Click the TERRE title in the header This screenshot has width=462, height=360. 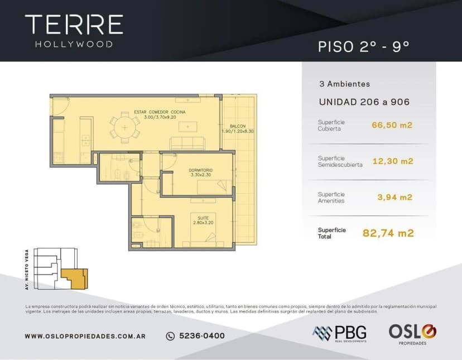coord(74,25)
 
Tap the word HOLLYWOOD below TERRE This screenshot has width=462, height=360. coord(74,44)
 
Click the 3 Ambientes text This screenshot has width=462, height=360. coord(344,84)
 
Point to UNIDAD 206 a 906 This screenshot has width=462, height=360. coord(364,102)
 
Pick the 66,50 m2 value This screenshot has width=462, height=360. coord(392,125)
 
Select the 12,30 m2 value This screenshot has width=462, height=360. coord(392,161)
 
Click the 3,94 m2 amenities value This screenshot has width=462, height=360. coord(394,197)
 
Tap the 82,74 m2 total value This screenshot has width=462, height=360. coord(388,233)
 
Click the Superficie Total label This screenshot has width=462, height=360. coord(332,233)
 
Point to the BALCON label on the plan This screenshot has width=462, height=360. coord(237,126)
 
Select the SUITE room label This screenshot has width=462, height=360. coord(199,218)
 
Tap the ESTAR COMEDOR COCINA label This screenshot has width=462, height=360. coord(160,113)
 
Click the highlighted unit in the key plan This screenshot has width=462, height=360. coord(74,278)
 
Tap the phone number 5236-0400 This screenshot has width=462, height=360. coord(196,336)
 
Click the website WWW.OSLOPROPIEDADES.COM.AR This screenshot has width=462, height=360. coord(85,336)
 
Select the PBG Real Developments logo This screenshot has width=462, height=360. coord(339,333)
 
